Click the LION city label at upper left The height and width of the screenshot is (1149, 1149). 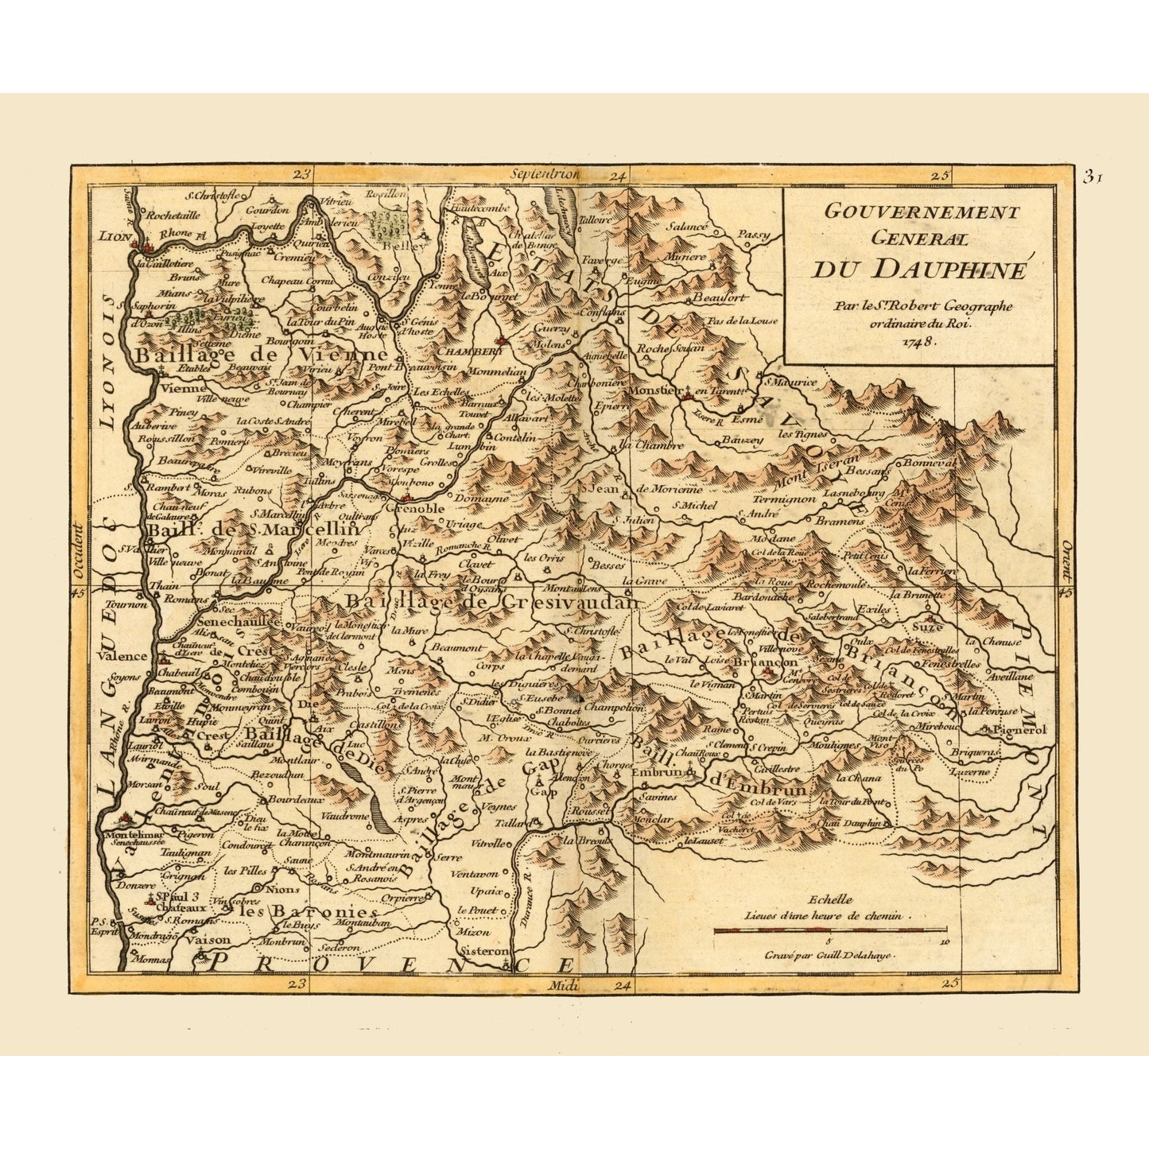tap(113, 235)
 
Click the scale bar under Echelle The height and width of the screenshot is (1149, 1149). tap(830, 930)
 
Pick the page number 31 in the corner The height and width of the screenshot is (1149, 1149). tap(1092, 177)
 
